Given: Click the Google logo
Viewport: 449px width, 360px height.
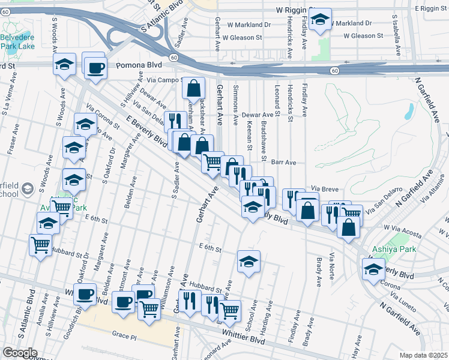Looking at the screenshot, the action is point(19,353).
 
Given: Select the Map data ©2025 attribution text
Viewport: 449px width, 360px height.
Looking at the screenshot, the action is point(424,355).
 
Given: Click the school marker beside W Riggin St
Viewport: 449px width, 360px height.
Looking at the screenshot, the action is point(321,20).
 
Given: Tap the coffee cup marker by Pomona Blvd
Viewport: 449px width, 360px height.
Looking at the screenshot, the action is point(95,67).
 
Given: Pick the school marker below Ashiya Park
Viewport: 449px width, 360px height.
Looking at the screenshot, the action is point(373,269).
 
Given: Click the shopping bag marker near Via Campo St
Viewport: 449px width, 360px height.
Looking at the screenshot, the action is point(194,88).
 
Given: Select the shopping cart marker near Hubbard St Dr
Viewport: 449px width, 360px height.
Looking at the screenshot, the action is point(40,244).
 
